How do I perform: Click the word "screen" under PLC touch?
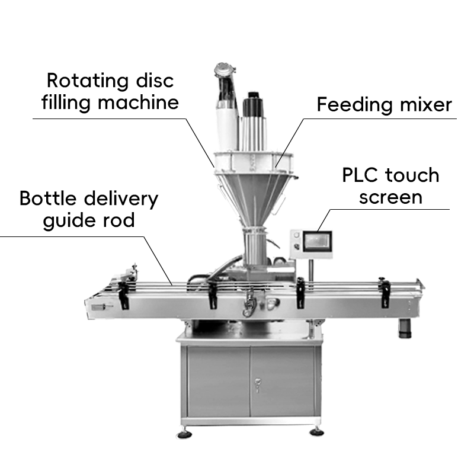click(391, 197)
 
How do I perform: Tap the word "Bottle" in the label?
click(48, 198)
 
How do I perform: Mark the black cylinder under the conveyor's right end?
click(405, 327)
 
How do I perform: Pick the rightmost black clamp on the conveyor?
click(386, 292)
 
